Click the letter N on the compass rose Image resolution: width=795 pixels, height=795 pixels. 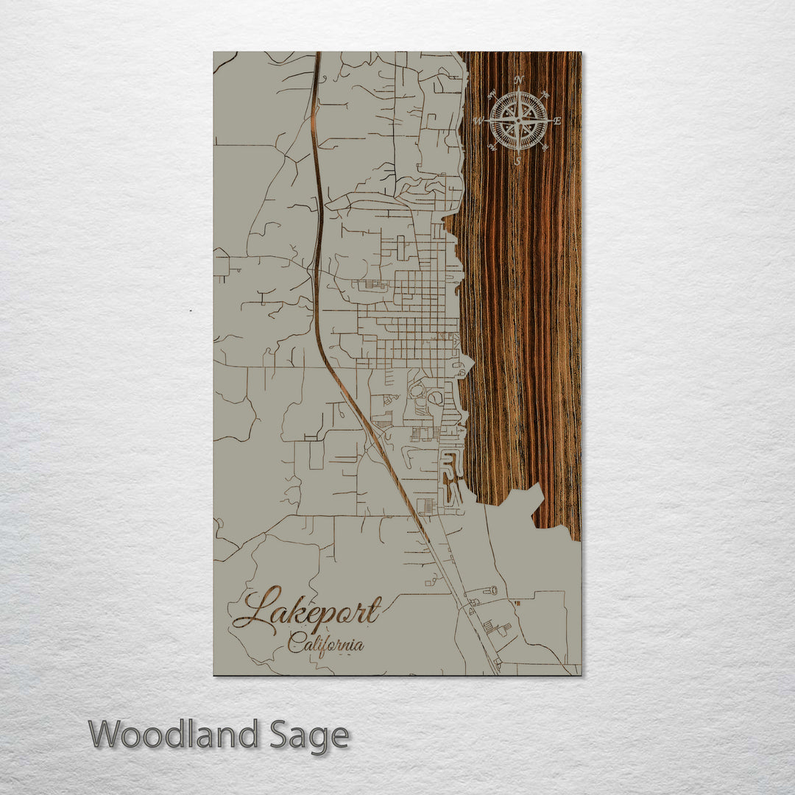519,79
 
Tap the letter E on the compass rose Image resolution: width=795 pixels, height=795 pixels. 557,121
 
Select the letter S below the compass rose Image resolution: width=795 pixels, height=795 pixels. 517,160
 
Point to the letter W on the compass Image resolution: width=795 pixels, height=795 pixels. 478,121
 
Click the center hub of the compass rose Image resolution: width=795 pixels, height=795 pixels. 518,120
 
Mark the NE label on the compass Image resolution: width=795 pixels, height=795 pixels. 545,93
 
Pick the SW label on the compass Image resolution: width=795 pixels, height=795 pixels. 492,146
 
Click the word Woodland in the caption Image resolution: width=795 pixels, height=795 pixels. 174,735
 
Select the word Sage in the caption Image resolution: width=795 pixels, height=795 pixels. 308,735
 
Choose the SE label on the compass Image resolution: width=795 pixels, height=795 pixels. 545,146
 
